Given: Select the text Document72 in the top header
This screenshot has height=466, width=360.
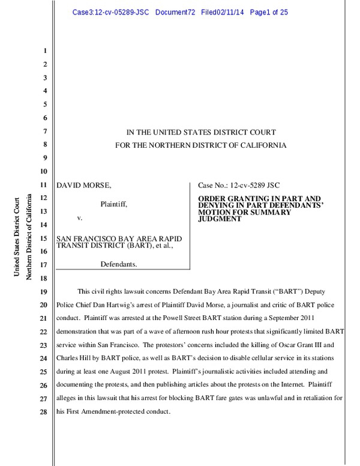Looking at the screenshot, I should click(x=175, y=12).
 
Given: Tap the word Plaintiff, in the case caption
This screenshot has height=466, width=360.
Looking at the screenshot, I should click(x=113, y=204).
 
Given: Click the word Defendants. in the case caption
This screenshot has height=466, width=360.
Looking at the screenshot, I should click(x=118, y=264).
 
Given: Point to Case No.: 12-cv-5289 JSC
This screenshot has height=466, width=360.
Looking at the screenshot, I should click(x=239, y=185).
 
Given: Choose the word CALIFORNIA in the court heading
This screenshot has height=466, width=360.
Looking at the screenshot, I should click(x=260, y=145).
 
